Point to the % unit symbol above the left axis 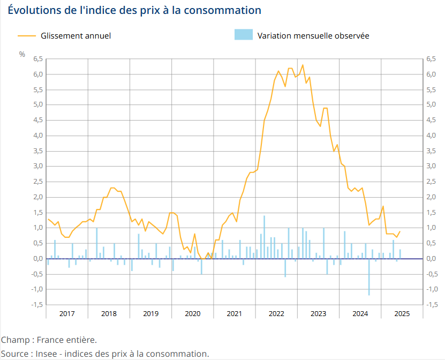click(x=22, y=54)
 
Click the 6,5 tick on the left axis click(x=37, y=59)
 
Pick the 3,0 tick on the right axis click(x=431, y=166)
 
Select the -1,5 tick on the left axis click(x=36, y=304)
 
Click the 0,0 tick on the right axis click(x=431, y=258)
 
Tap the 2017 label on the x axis click(x=67, y=313)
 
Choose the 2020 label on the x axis click(x=192, y=313)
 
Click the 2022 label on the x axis click(x=276, y=313)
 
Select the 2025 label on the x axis click(x=402, y=313)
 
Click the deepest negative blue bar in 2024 click(x=369, y=279)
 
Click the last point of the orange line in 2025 click(x=400, y=231)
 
